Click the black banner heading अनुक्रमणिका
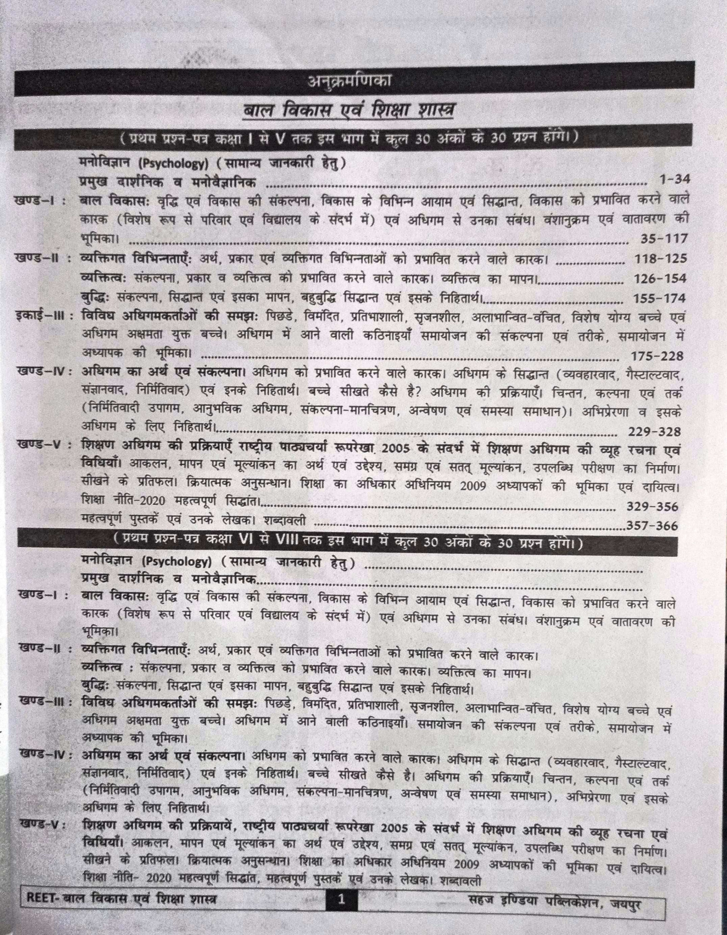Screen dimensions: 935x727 pyautogui.click(x=350, y=82)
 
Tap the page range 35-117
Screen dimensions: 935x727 pyautogui.click(x=663, y=239)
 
